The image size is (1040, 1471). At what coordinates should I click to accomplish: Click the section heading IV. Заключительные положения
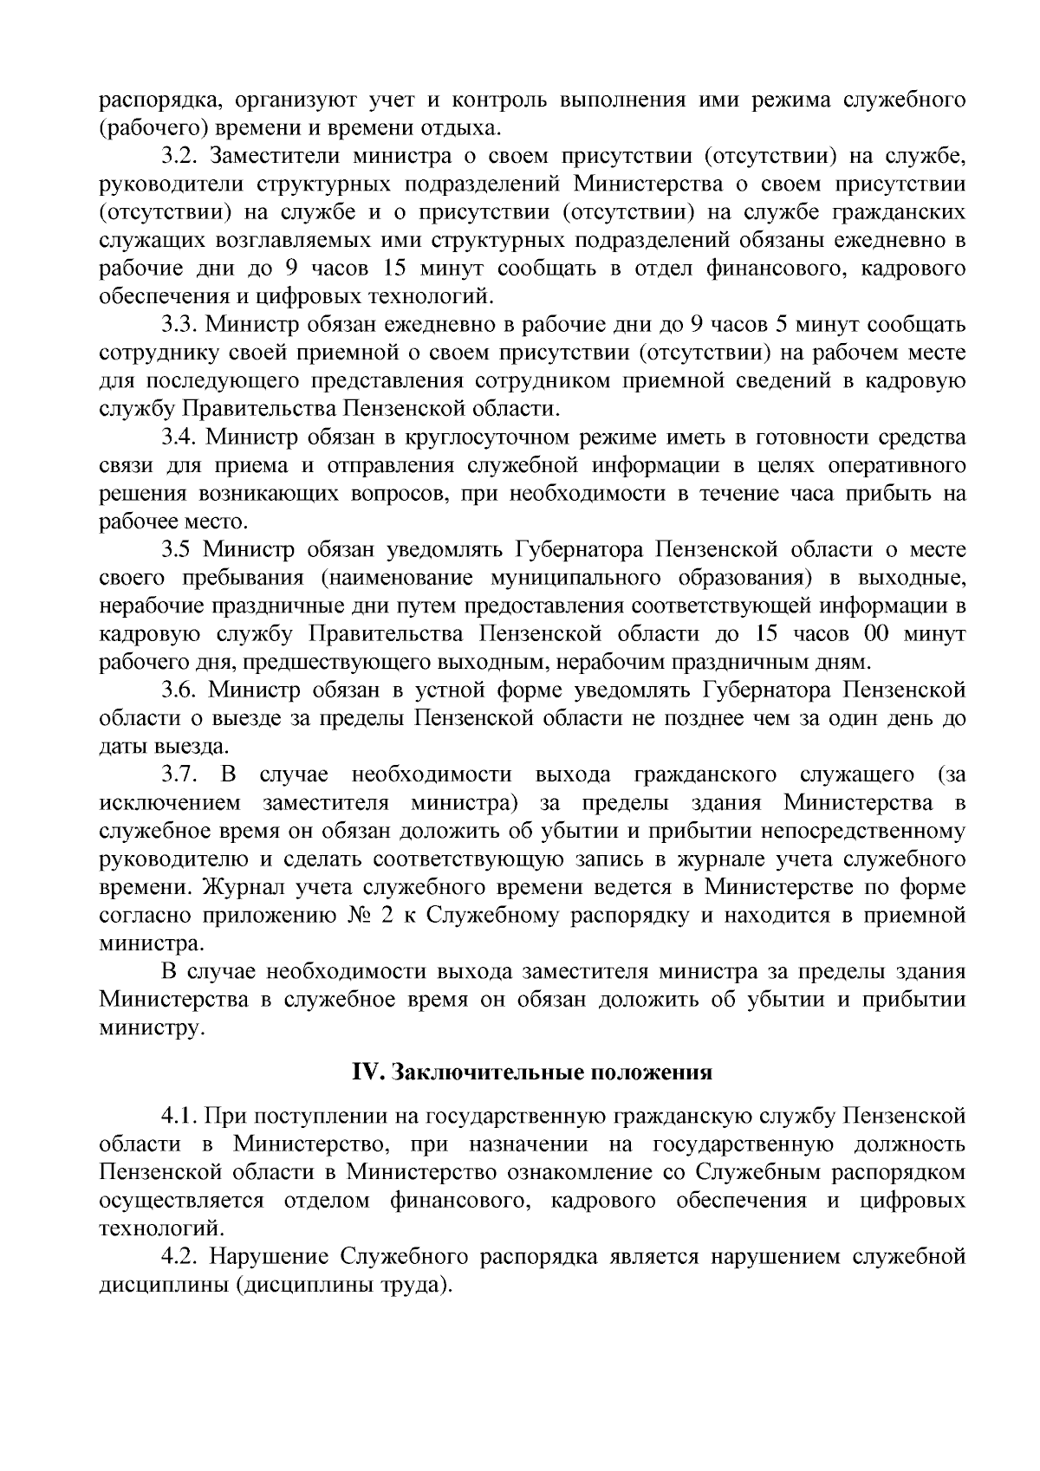coord(531,1072)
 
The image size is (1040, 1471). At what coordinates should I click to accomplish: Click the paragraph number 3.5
coord(177,550)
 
